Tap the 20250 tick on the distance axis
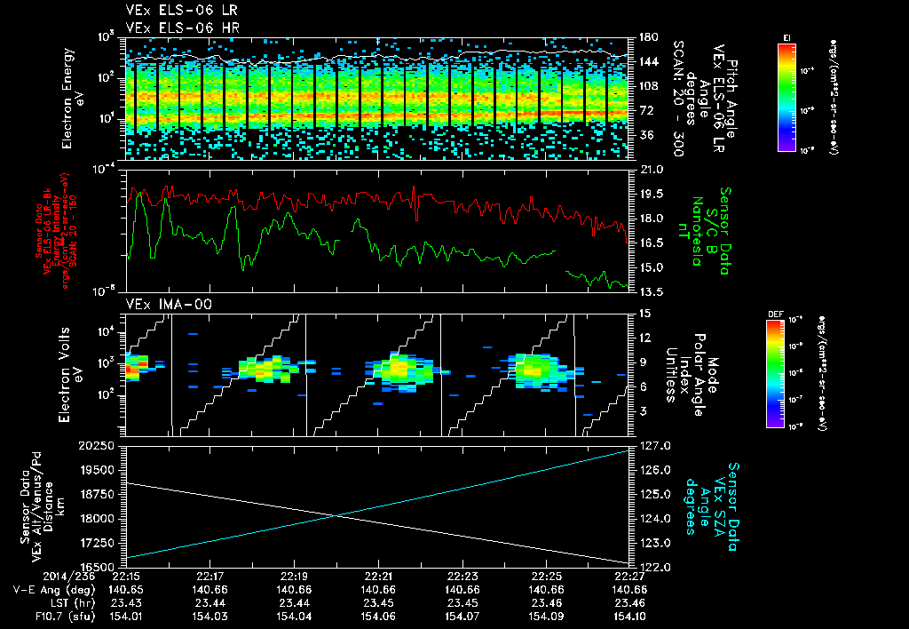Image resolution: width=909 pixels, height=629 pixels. tap(99, 446)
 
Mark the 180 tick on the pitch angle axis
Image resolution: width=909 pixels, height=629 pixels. tap(646, 37)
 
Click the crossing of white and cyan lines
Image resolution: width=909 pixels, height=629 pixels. tap(337, 515)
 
